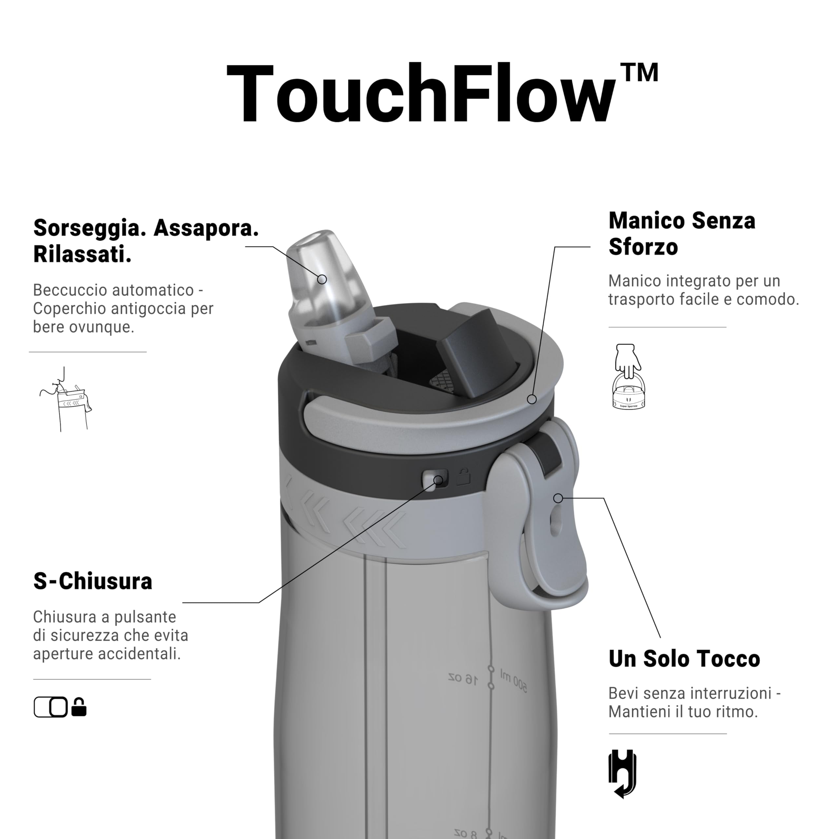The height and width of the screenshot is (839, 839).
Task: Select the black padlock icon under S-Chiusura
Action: (79, 707)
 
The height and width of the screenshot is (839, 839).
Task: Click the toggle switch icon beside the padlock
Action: (51, 707)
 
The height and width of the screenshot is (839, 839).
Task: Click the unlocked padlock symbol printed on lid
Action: (463, 477)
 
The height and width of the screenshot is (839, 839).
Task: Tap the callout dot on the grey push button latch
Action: (558, 498)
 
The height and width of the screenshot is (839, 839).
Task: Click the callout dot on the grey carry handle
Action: (532, 399)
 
